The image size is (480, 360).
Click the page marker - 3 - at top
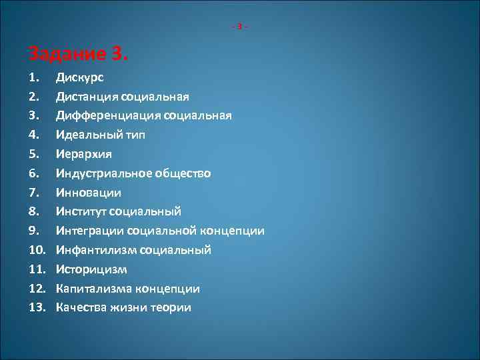pos(240,27)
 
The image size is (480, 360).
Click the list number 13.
pos(38,308)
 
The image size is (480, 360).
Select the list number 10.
pos(38,250)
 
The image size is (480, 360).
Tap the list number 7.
pos(35,193)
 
